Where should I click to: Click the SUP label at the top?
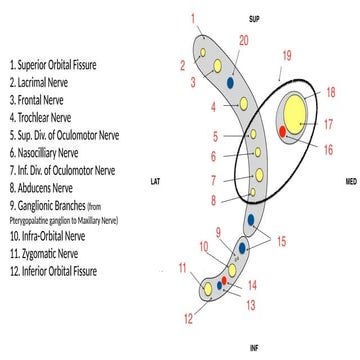254,19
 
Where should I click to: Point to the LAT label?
155,182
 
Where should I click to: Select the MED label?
350,182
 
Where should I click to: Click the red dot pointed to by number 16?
284,131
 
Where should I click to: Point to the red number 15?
281,240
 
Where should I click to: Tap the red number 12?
187,319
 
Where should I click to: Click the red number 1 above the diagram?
192,18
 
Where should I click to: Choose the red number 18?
330,92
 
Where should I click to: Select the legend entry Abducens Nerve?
39,185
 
